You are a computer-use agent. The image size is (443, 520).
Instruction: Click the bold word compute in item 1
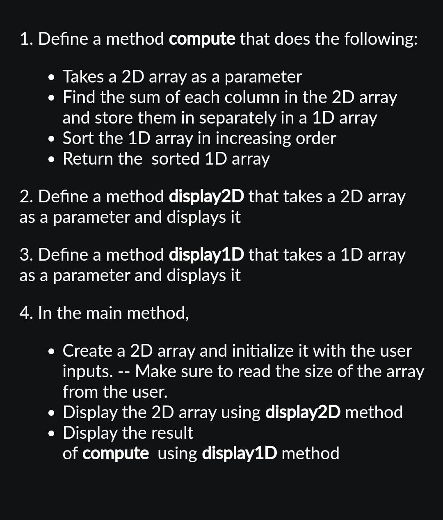point(202,39)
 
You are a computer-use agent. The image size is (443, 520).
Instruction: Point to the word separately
point(237,118)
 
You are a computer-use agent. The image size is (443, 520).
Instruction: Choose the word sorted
point(175,159)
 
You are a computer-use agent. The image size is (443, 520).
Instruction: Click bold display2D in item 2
point(206,197)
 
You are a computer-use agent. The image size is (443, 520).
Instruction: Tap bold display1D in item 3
point(206,255)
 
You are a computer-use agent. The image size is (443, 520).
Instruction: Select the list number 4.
point(25,314)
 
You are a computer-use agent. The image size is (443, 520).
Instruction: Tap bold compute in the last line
point(116,454)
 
